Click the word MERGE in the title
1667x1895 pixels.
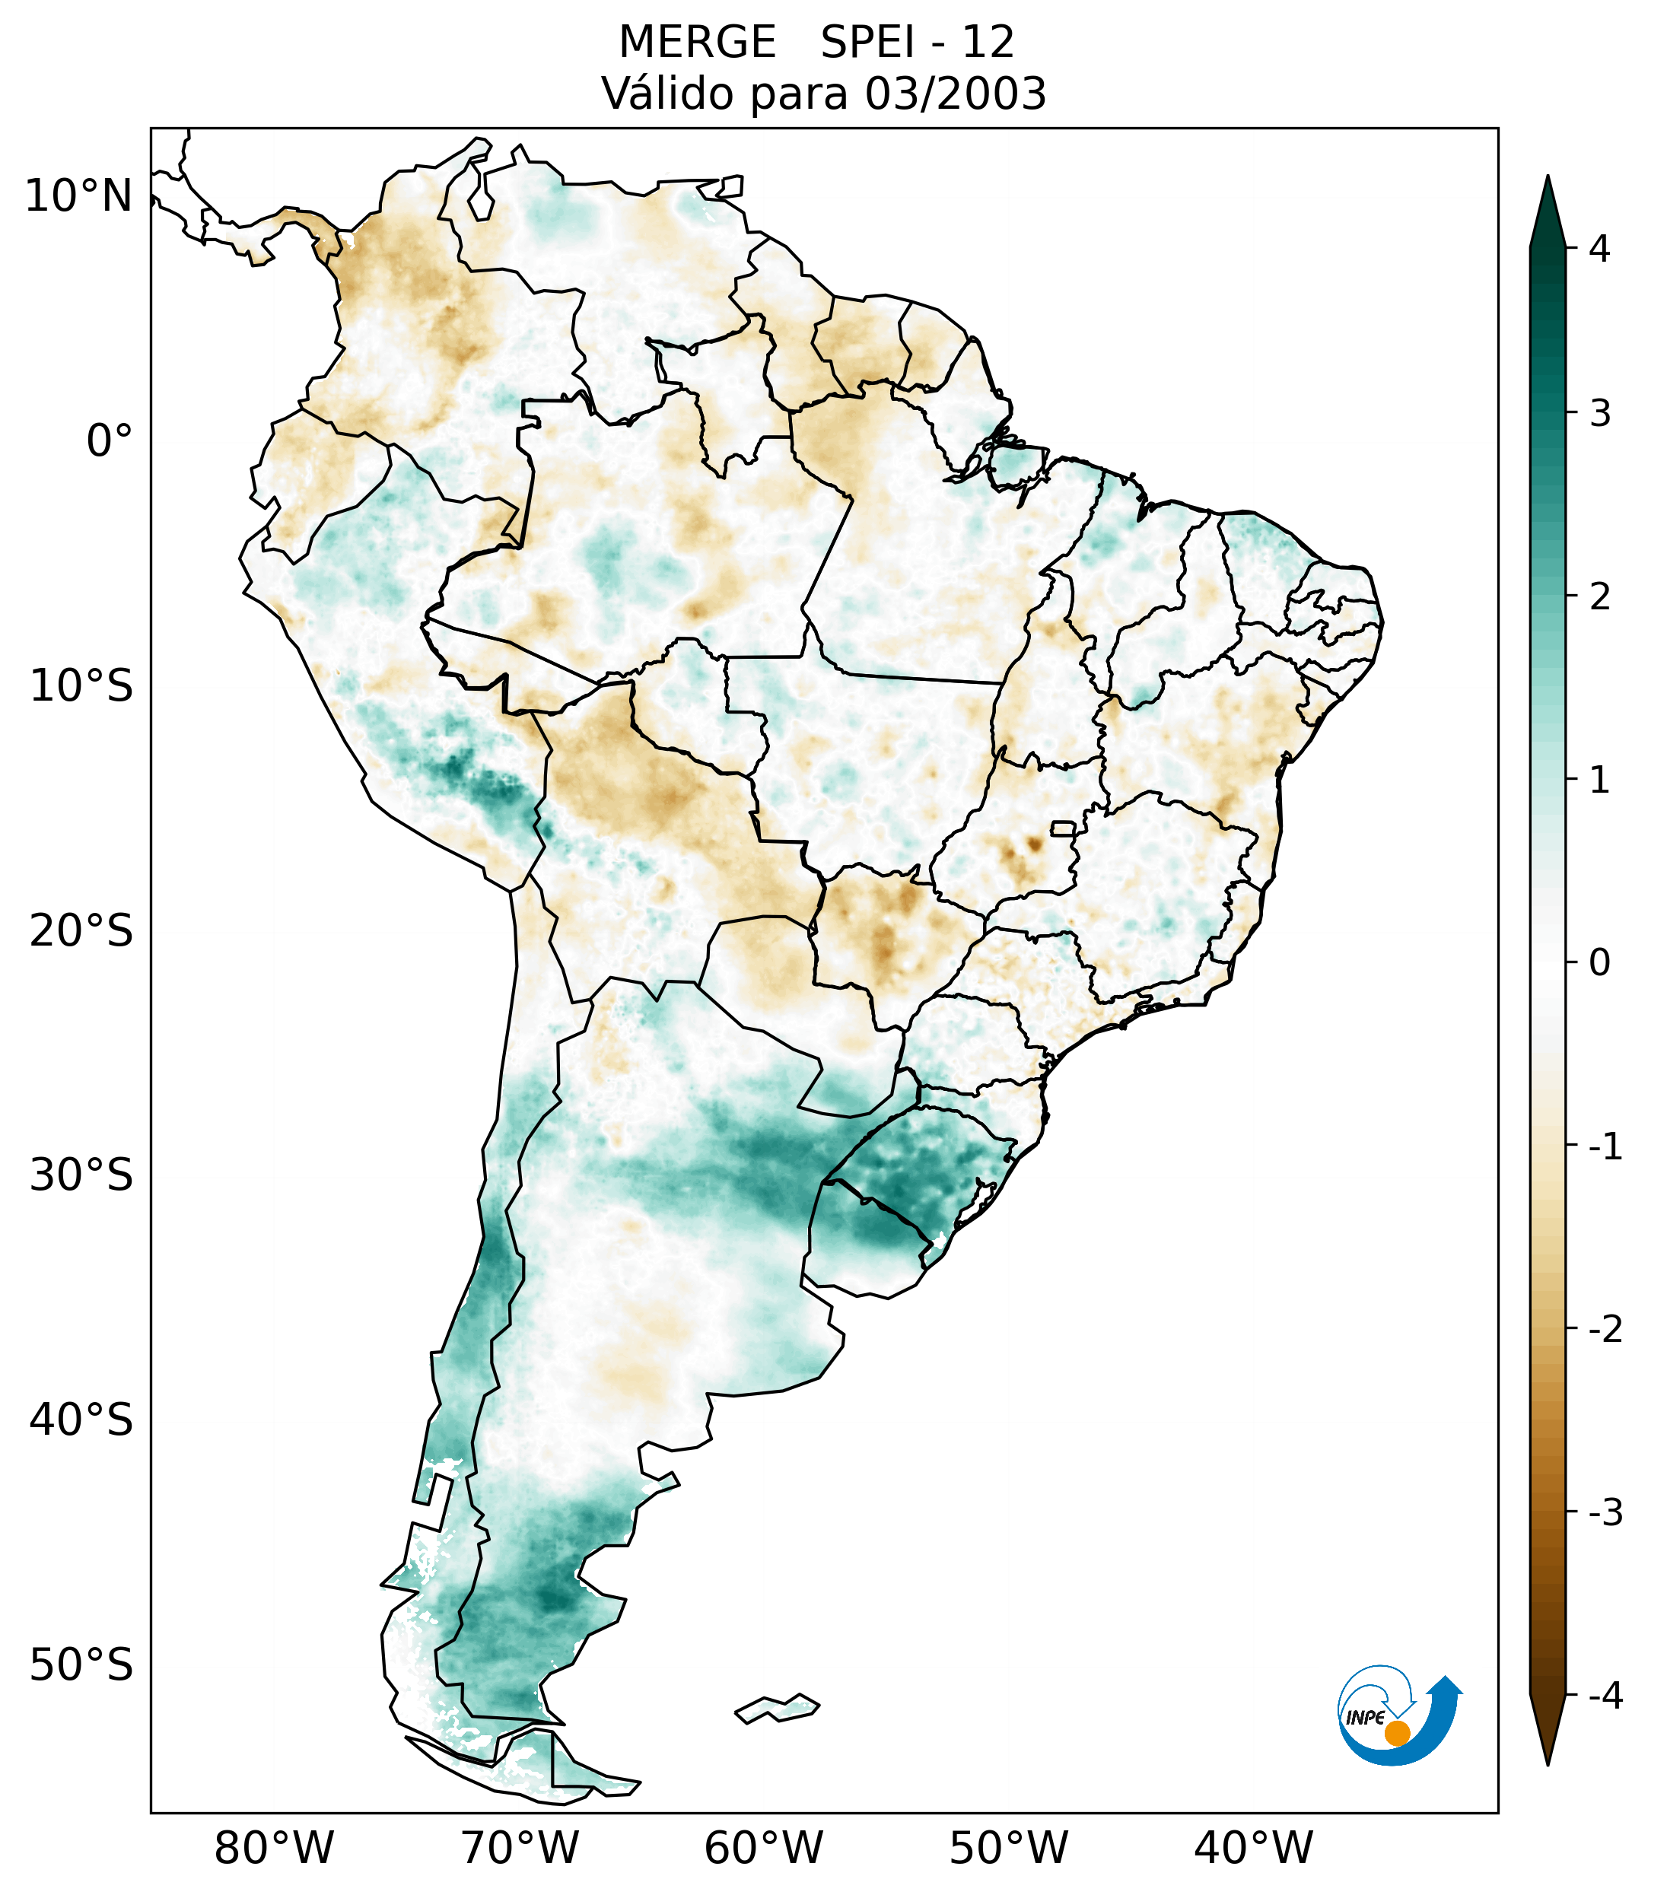click(x=697, y=43)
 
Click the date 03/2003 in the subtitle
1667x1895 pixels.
click(x=955, y=94)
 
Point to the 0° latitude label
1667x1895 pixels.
click(x=110, y=441)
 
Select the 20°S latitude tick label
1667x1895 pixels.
click(x=81, y=931)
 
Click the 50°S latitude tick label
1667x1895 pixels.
click(x=81, y=1665)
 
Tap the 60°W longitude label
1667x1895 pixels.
click(x=763, y=1848)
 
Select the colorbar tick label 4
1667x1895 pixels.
click(x=1599, y=249)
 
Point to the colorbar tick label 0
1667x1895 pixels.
click(x=1599, y=963)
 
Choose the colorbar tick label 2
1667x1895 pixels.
click(x=1599, y=597)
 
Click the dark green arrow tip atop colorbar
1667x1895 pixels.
click(x=1548, y=208)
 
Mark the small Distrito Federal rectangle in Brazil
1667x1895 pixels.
click(x=1062, y=828)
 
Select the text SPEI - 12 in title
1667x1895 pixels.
click(x=917, y=43)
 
